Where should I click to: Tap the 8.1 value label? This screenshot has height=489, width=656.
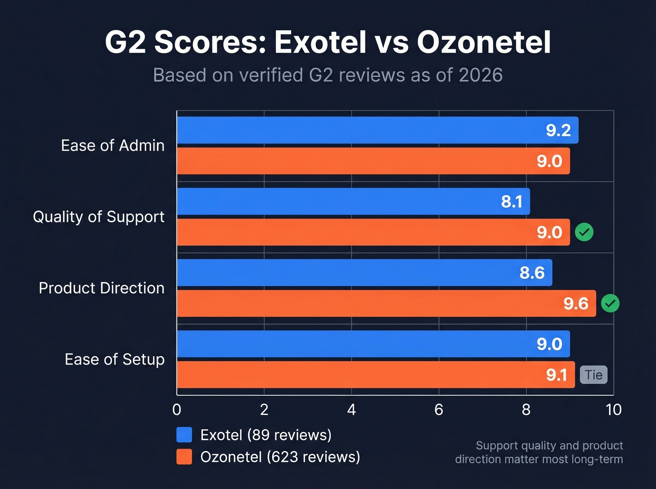(x=512, y=202)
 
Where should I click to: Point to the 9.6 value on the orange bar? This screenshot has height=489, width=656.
(x=576, y=304)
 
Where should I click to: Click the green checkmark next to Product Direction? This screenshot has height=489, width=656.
(x=610, y=303)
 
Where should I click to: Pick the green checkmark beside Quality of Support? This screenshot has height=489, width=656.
(x=584, y=232)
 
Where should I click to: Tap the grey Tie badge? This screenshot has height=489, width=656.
(x=594, y=375)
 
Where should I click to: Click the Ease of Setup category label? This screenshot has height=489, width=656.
(x=115, y=359)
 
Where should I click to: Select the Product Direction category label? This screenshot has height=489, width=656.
(x=102, y=288)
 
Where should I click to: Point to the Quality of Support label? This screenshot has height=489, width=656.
(x=98, y=217)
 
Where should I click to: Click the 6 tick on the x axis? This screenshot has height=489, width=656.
(x=439, y=410)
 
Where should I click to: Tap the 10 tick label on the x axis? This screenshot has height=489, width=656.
(x=613, y=410)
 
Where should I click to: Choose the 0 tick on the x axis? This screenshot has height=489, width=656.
(x=177, y=410)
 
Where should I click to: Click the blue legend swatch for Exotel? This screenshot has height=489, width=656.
(x=184, y=435)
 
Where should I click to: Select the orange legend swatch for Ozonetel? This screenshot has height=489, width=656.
(x=184, y=457)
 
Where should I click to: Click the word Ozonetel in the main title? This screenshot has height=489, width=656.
(x=484, y=43)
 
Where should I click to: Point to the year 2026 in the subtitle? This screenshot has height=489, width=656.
(x=481, y=75)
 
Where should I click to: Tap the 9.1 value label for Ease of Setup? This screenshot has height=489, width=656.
(x=557, y=375)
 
